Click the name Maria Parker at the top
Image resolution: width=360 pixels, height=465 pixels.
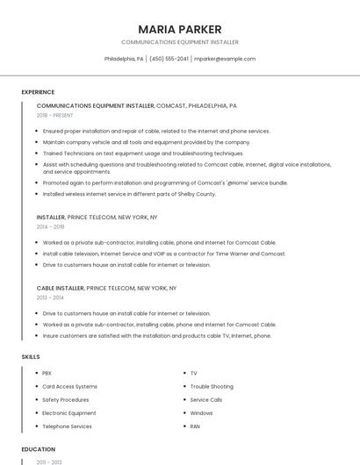click(x=179, y=29)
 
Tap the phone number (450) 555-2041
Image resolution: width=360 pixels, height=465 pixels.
click(x=169, y=59)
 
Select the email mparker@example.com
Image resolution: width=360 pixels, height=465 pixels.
click(x=225, y=59)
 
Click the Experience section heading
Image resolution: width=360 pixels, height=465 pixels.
click(x=38, y=92)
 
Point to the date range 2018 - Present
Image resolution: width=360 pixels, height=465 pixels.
click(x=55, y=115)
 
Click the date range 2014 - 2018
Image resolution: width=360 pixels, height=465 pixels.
click(x=50, y=226)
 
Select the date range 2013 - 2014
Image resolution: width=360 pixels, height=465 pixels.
click(x=50, y=297)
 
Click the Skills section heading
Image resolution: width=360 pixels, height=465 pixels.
click(x=31, y=357)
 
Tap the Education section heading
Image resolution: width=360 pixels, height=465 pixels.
click(x=39, y=449)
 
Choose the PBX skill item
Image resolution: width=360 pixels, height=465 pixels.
click(x=47, y=373)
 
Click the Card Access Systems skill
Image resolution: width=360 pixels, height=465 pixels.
click(x=69, y=386)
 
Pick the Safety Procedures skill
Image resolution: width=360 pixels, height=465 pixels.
click(x=66, y=399)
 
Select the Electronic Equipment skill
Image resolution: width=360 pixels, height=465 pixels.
click(x=69, y=412)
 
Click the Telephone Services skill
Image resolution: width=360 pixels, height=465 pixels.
click(x=67, y=426)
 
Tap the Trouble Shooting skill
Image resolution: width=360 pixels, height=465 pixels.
click(x=212, y=386)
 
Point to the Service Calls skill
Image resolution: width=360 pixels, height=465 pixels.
click(x=206, y=399)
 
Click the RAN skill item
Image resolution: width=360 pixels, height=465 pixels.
click(x=196, y=426)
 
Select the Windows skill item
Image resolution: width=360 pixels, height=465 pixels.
click(x=201, y=412)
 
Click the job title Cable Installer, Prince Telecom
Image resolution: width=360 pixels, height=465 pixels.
click(x=106, y=288)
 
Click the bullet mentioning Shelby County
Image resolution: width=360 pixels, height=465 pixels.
click(x=128, y=194)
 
